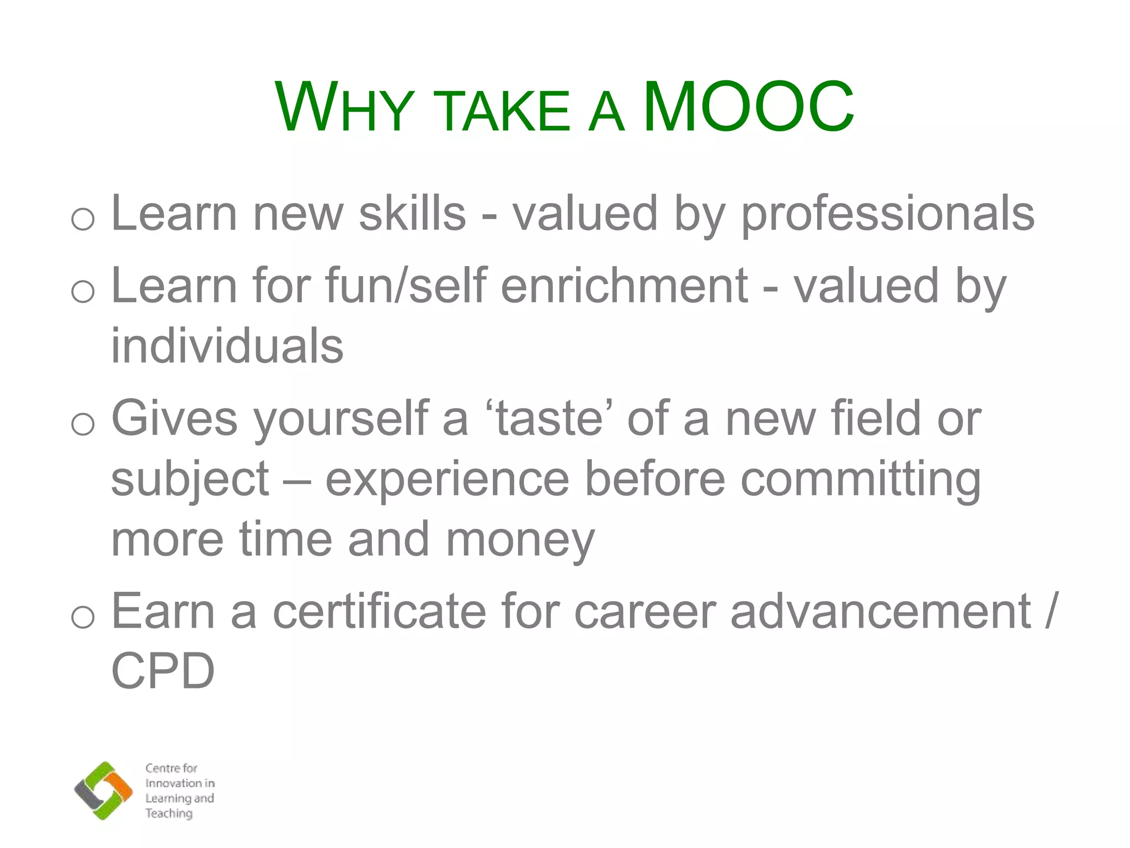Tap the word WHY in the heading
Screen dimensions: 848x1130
click(x=345, y=108)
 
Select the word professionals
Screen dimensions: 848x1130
click(x=887, y=214)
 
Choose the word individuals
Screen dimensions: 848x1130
click(x=227, y=346)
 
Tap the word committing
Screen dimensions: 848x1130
click(x=860, y=479)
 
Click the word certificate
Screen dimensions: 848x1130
click(x=380, y=612)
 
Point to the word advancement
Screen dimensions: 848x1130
click(x=881, y=612)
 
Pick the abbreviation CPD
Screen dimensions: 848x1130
click(x=163, y=671)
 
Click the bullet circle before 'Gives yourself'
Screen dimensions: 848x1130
click(x=83, y=424)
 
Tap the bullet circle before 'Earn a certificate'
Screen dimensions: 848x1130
click(x=83, y=617)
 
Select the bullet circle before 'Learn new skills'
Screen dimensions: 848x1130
click(x=83, y=219)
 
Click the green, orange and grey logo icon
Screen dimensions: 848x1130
click(x=103, y=790)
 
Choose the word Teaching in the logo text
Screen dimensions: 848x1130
click(x=169, y=813)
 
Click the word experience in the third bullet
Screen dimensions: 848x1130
click(x=447, y=479)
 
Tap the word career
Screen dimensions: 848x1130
click(x=645, y=612)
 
